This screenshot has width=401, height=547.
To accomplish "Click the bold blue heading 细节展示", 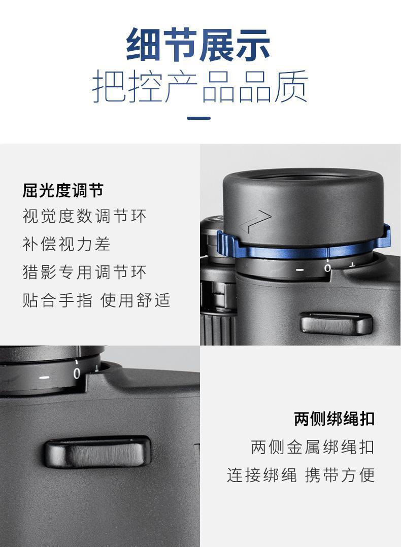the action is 198,45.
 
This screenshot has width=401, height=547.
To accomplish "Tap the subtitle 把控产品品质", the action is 200,86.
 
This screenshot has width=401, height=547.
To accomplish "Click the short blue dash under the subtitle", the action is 198,118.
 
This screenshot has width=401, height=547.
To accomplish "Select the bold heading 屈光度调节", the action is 63,190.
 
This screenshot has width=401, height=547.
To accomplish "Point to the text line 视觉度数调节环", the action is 84,216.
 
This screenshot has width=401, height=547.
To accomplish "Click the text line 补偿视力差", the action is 66,244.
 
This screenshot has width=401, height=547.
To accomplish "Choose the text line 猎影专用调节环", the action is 84,272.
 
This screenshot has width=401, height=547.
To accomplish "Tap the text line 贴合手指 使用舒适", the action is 96,300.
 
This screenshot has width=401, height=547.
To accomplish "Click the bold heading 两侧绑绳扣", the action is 335,419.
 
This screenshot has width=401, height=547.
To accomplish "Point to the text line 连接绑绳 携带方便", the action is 301,475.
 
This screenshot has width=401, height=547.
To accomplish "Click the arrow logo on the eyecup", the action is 255,222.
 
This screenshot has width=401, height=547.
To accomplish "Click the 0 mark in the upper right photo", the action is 327,268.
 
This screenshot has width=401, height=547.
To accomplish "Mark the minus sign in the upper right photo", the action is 300,270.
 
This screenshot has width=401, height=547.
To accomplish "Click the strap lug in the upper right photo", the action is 336,323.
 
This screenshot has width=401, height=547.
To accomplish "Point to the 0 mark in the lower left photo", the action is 77,373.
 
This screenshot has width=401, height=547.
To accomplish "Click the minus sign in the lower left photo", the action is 44,378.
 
